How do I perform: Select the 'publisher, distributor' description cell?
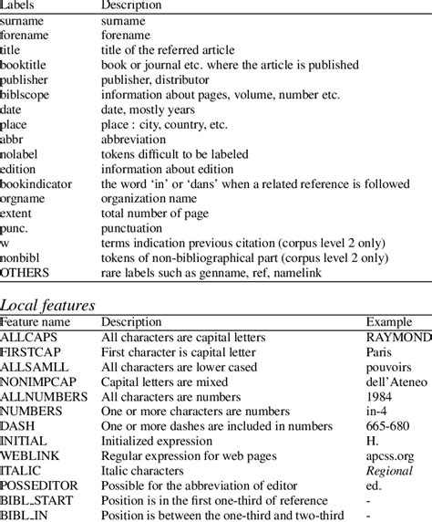pos(156,79)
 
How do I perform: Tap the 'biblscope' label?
pos(26,94)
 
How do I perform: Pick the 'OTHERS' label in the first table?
pos(25,271)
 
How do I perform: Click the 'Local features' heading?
pos(50,304)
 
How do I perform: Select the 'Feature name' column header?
pos(36,322)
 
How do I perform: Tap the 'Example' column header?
pos(389,322)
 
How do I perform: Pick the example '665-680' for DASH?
pos(387,426)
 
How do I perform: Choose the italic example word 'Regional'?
pos(390,470)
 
